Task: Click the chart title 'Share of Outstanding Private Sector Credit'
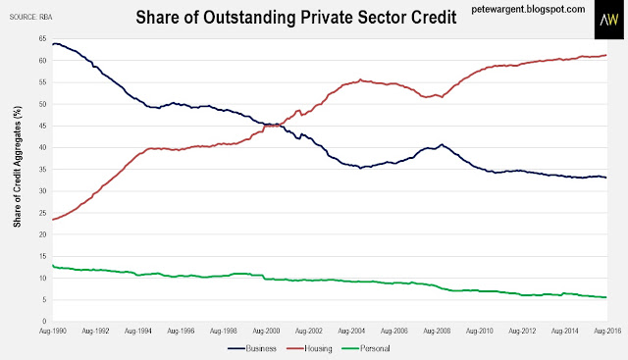(x=296, y=18)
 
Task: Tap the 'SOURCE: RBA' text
(x=30, y=18)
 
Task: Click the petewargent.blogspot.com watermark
(x=528, y=9)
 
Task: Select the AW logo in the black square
(x=608, y=20)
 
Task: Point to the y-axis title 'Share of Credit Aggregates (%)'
(x=18, y=167)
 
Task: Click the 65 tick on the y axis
(x=42, y=39)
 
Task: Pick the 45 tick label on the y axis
(x=42, y=126)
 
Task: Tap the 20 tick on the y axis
(x=42, y=234)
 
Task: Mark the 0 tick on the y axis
(x=44, y=321)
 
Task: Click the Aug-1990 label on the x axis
(x=52, y=332)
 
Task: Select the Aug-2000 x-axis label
(x=266, y=332)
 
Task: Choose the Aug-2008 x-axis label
(x=437, y=332)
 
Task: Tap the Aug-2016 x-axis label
(x=607, y=332)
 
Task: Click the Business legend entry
(x=252, y=349)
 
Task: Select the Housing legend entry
(x=310, y=349)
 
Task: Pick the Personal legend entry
(x=366, y=349)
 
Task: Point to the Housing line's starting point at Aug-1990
(x=53, y=220)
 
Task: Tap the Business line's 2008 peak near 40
(x=442, y=144)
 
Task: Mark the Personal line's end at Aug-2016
(x=606, y=297)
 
